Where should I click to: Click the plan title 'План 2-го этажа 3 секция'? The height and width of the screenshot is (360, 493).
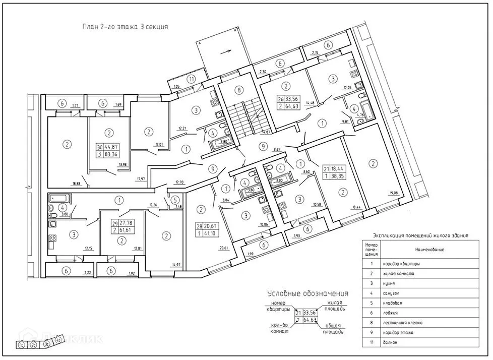[x=125, y=27]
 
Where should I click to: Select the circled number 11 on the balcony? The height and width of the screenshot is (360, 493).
[x=191, y=79]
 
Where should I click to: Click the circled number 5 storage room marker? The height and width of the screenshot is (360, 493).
[x=174, y=199]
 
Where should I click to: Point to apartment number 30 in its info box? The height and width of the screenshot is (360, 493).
[x=99, y=147]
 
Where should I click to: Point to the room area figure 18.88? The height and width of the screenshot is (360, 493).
[x=77, y=184]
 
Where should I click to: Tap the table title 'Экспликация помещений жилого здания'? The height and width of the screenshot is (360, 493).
[x=420, y=235]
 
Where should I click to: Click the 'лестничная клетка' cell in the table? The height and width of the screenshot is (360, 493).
[x=403, y=323]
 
